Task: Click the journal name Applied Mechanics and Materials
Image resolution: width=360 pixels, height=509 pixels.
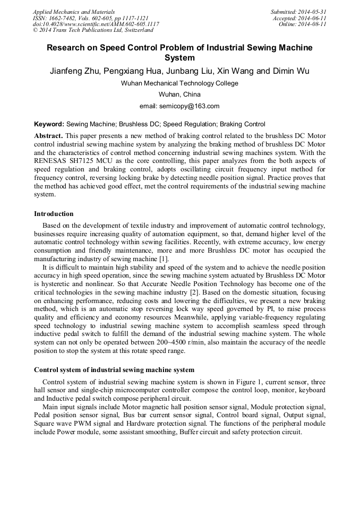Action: coord(74,12)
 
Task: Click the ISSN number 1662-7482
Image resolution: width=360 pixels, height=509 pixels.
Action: coord(65,18)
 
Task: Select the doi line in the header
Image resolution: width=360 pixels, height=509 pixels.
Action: coord(96,24)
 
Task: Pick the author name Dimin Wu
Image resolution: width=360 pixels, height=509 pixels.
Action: coord(291,71)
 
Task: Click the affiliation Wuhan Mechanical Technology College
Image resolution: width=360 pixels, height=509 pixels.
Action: coord(179,83)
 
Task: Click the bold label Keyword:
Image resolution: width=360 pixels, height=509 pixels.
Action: coord(49,123)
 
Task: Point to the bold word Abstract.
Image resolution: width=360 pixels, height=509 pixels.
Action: coord(48,135)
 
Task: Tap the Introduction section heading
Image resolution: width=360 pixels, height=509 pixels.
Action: coord(54,214)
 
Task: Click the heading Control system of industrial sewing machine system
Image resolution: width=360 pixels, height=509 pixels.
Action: coord(114,369)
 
